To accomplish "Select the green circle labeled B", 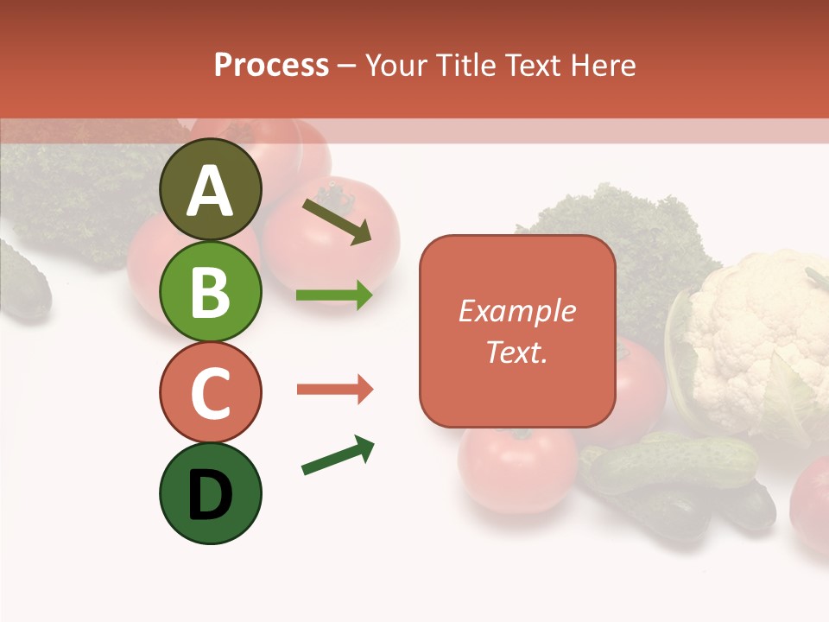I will coord(210,291).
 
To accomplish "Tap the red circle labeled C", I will coord(210,392).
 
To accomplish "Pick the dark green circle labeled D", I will coord(210,493).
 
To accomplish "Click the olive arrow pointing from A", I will coord(337,221).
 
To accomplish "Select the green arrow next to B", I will coord(334,295).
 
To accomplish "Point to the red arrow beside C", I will coord(334,390).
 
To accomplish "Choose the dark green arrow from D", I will coord(338,455).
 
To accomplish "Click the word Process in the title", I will coord(271,66).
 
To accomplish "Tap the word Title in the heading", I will coord(466,66).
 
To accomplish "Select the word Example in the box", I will coord(516,311).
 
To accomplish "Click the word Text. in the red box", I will coord(516,352).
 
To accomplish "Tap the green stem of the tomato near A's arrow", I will coord(335,198).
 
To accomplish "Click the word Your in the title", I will coord(396,66).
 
